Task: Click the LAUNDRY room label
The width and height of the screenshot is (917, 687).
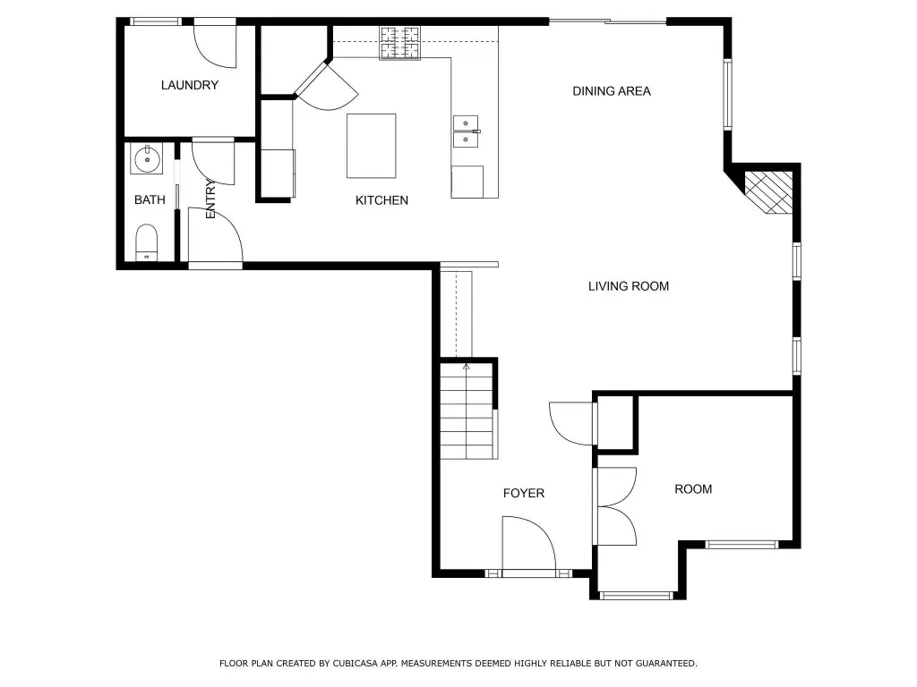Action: tap(190, 85)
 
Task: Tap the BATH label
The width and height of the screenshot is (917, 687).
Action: tap(150, 199)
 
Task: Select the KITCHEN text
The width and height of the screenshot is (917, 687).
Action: tap(381, 200)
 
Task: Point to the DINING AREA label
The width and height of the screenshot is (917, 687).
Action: tap(611, 91)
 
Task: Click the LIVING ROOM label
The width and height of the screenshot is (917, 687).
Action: tap(629, 286)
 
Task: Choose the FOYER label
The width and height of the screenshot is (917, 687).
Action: tap(524, 493)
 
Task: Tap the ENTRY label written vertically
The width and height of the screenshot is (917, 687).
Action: tap(210, 199)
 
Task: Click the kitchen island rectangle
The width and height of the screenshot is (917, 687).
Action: tap(372, 146)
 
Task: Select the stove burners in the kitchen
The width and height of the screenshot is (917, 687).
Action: tap(400, 43)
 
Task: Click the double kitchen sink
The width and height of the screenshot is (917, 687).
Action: tap(466, 131)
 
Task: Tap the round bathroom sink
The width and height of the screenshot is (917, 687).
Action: tap(147, 159)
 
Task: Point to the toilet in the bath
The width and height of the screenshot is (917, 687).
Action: tap(147, 242)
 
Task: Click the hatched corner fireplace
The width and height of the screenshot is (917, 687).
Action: tap(768, 192)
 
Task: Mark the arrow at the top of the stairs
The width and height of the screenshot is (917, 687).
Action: tap(466, 367)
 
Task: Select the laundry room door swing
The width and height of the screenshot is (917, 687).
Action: tap(215, 47)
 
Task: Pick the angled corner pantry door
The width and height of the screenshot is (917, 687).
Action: tap(326, 86)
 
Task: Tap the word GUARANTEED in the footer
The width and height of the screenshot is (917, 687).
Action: tap(666, 663)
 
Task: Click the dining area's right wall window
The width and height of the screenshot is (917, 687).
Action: tap(727, 93)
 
